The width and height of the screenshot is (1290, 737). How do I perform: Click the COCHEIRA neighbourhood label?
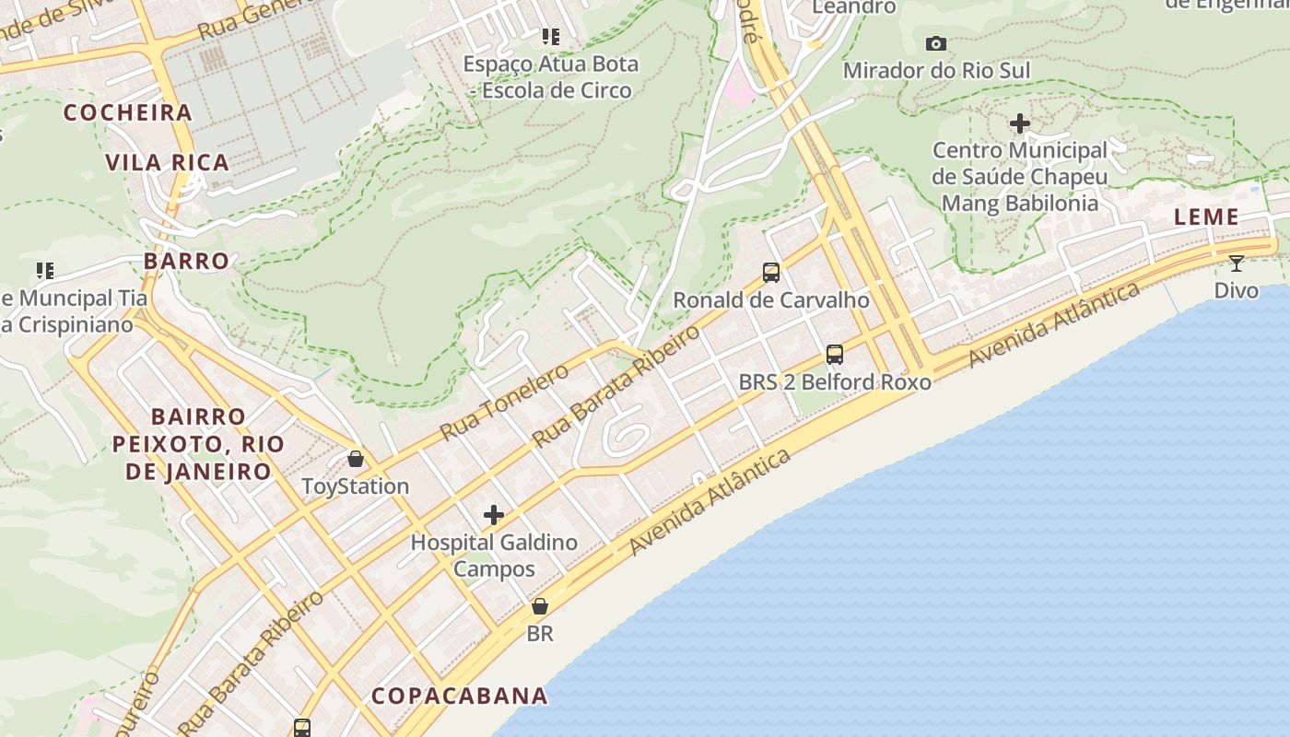point(127,113)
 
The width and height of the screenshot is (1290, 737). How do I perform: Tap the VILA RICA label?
point(167,163)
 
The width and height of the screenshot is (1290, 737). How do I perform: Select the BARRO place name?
point(186,261)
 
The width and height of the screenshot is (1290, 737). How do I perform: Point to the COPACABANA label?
point(459,696)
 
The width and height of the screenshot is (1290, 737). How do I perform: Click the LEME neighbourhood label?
point(1206,217)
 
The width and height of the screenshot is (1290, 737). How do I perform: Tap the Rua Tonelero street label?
point(504,402)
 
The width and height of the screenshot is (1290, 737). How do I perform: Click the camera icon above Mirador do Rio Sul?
point(936,43)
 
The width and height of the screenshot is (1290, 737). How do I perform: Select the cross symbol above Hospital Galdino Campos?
point(494,514)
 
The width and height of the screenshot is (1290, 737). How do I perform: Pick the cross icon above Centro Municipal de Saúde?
point(1020,123)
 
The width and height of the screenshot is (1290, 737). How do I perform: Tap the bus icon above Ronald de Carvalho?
point(771,272)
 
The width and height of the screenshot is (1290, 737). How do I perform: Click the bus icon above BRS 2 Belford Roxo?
point(835,354)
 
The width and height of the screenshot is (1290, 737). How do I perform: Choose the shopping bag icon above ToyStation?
point(356,458)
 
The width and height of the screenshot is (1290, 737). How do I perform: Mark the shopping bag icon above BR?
point(540,606)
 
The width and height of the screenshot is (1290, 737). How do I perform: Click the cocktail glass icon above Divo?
point(1237,263)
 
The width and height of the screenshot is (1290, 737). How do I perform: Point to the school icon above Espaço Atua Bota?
point(551,37)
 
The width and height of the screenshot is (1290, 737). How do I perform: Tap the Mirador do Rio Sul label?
point(936,71)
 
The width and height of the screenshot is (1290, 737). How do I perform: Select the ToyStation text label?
point(356,486)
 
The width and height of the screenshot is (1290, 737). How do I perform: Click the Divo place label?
point(1236,291)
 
